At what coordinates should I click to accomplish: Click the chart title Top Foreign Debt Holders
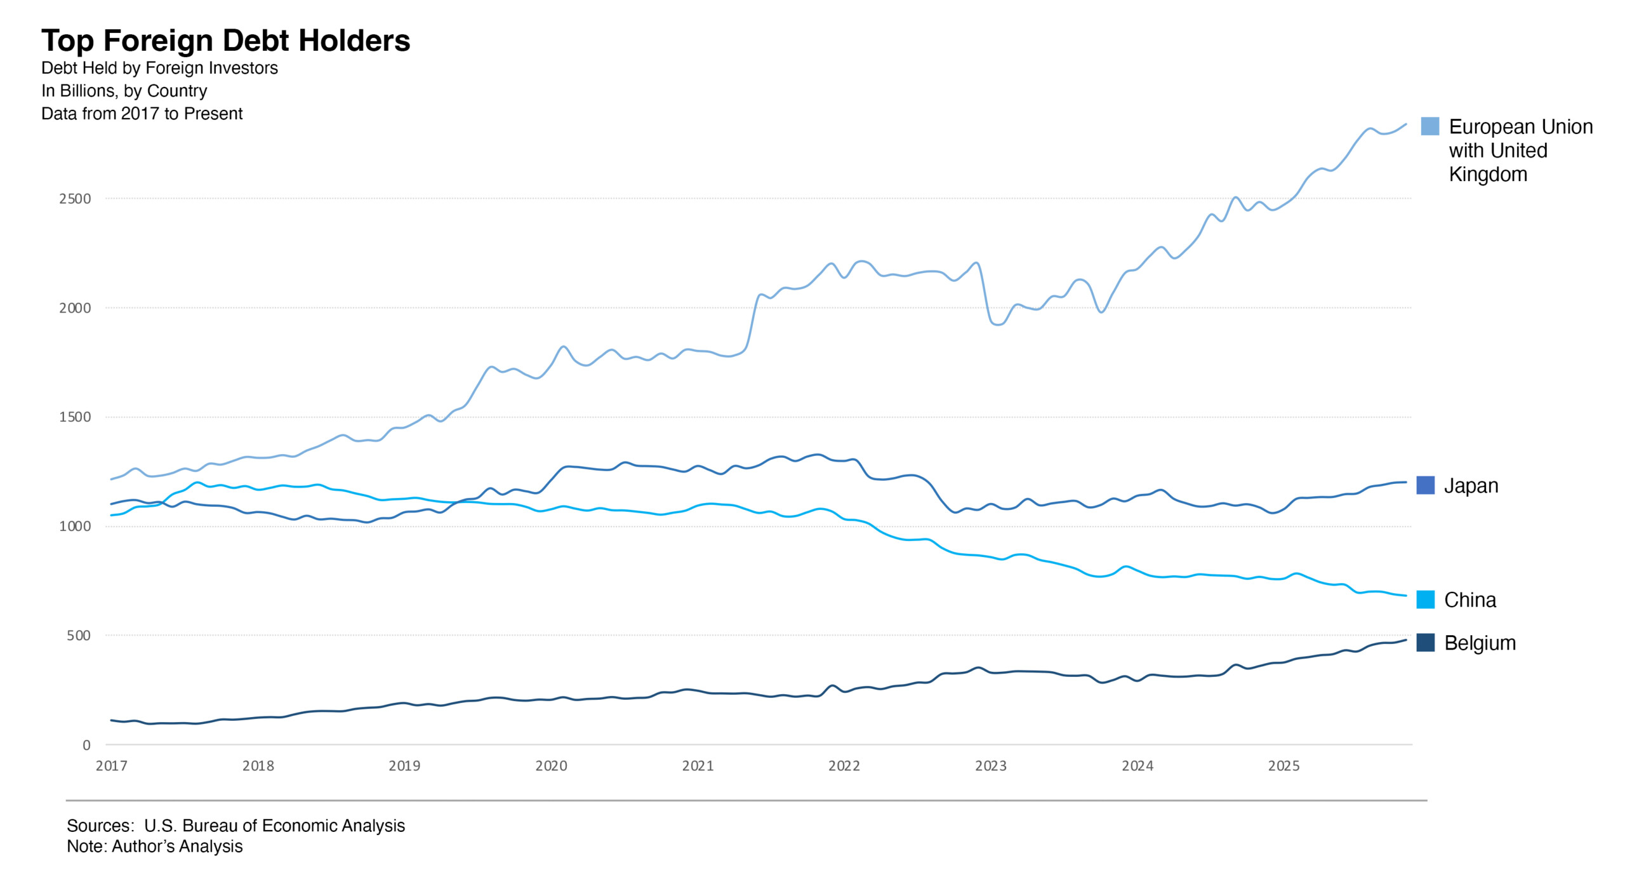click(x=225, y=41)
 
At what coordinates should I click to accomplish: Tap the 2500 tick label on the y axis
click(x=75, y=199)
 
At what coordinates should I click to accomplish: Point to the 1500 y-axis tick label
click(x=75, y=417)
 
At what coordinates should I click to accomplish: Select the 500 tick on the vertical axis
click(x=79, y=636)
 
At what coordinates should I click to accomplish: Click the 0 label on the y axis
click(x=86, y=746)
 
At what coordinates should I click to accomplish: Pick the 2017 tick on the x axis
click(x=111, y=766)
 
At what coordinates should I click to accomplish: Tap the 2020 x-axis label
click(x=551, y=766)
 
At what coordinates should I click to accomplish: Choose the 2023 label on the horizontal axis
click(x=990, y=766)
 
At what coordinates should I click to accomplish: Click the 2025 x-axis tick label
click(x=1283, y=766)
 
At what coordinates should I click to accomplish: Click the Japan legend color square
click(x=1425, y=485)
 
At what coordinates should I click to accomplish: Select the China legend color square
click(x=1425, y=599)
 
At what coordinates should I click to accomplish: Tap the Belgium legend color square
click(x=1425, y=643)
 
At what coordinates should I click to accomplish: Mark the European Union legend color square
click(x=1429, y=126)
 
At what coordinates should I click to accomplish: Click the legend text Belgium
click(x=1480, y=643)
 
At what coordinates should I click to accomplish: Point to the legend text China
click(x=1469, y=600)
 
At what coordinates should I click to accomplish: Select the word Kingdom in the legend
click(x=1488, y=175)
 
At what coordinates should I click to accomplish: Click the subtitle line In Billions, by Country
click(x=124, y=91)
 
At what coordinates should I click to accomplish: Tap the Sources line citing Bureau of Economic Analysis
click(x=235, y=826)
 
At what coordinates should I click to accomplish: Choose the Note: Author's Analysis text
click(x=154, y=847)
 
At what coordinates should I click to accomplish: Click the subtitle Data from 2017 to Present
click(x=142, y=114)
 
